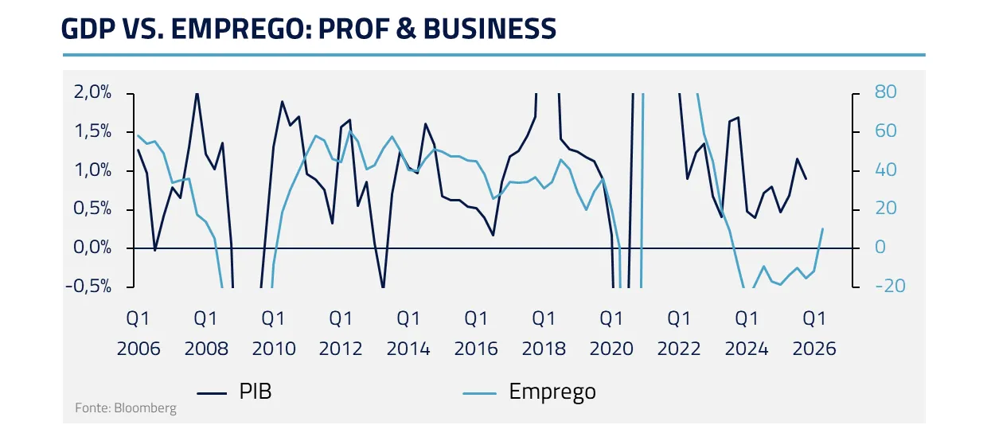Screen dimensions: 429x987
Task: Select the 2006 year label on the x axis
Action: (138, 349)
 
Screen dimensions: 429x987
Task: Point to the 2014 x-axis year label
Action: (408, 349)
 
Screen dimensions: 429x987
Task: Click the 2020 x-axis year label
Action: (611, 349)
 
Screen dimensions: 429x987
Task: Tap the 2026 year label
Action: (814, 349)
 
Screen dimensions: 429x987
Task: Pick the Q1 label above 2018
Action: (544, 319)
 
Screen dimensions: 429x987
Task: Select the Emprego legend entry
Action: (552, 392)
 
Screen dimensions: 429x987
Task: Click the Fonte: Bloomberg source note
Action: (126, 408)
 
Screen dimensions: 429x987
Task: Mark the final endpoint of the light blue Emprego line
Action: (822, 229)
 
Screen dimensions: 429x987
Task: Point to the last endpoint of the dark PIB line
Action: (806, 179)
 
